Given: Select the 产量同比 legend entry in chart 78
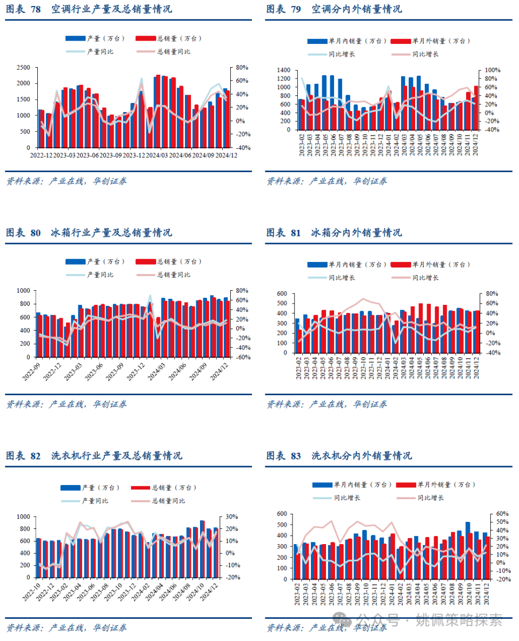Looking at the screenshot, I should coord(100,51).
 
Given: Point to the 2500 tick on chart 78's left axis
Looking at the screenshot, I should coord(23,68).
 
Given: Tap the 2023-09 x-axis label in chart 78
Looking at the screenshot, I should coord(111,155).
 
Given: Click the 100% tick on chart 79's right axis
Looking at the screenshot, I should coord(492,70).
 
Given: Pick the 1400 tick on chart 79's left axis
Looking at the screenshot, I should coord(283,70).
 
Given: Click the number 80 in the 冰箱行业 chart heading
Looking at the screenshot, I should coord(36,233).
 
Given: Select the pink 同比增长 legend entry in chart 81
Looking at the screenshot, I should coord(425,277).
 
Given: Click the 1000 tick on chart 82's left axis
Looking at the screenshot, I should coord(24,517).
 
